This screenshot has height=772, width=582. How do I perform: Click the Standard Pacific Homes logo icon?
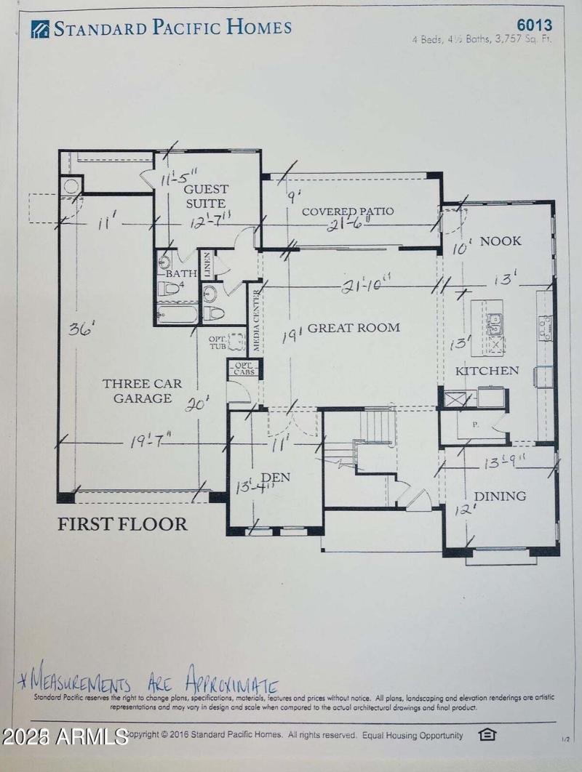click(x=40, y=29)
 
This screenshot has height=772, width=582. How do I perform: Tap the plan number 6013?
click(x=534, y=25)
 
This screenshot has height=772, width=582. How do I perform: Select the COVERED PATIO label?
click(x=348, y=212)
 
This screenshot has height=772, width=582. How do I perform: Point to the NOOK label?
click(x=501, y=241)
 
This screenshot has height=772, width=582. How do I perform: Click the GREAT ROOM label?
click(x=354, y=328)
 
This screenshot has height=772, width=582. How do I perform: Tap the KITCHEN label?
click(x=487, y=371)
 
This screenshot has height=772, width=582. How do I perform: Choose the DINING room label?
click(x=500, y=496)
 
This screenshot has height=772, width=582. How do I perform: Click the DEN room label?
click(x=276, y=478)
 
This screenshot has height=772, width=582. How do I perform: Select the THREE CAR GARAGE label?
click(x=137, y=391)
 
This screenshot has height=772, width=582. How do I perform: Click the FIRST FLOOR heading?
click(x=122, y=524)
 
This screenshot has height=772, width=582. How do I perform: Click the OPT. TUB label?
click(x=218, y=342)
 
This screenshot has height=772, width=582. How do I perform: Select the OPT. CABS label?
click(x=242, y=368)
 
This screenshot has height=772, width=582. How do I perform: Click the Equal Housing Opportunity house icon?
click(x=487, y=734)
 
